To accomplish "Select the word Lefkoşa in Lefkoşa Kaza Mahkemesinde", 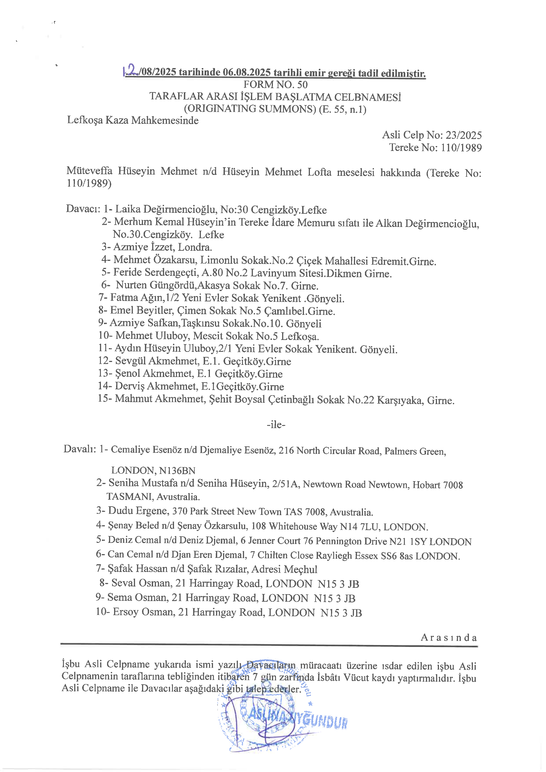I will click(x=85, y=120).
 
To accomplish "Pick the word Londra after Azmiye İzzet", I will click(x=195, y=247).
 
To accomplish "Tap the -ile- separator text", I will click(x=276, y=425).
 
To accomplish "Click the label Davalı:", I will click(x=80, y=449).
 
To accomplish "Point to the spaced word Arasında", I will click(x=449, y=638).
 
